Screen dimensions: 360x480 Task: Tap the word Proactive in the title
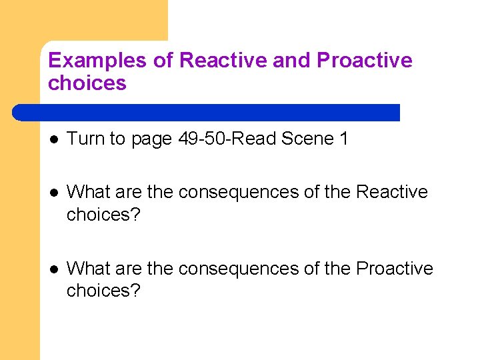point(365,61)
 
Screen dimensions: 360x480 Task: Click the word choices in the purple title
point(87,83)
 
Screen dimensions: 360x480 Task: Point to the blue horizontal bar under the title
point(207,112)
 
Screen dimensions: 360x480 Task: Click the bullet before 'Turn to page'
point(54,139)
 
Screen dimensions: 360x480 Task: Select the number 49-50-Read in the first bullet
point(227,139)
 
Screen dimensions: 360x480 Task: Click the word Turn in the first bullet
point(86,139)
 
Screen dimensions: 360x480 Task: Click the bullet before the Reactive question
point(54,192)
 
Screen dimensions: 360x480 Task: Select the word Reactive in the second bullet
point(392,192)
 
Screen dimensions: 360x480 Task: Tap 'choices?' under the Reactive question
point(104,215)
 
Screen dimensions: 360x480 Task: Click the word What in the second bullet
point(89,192)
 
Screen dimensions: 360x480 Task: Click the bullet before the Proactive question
point(54,269)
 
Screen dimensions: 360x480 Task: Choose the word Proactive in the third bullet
point(395,269)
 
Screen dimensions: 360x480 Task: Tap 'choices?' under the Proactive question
point(104,291)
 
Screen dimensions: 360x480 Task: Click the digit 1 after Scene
point(343,139)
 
